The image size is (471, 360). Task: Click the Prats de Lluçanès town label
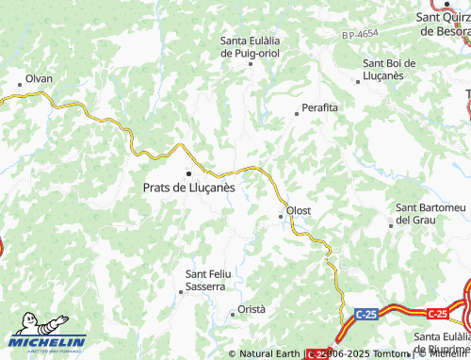189,188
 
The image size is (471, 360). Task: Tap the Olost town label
299,209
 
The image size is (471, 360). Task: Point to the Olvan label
40,78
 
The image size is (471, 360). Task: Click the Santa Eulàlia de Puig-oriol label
251,47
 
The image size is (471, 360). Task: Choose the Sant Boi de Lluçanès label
396,69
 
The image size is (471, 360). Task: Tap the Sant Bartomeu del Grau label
429,213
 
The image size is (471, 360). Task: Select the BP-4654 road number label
360,34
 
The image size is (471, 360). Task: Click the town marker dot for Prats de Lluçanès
188,173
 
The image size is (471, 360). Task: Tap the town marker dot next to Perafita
297,113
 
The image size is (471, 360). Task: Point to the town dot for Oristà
233,314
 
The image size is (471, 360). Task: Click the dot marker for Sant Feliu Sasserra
181,292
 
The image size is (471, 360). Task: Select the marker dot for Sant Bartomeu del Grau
391,224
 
